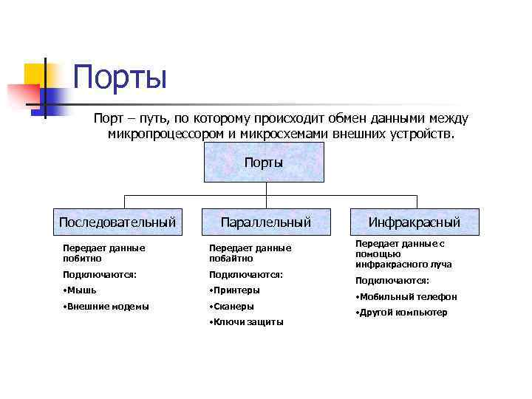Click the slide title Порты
coord(120,78)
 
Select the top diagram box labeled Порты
coord(264,163)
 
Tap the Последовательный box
coord(117,222)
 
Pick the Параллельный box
coord(266,222)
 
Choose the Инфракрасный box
coord(414,222)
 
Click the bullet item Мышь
coord(82,290)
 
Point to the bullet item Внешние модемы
coord(108,306)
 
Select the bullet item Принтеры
coord(235,290)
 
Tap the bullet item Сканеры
coord(233,306)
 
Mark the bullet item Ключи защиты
coord(248,322)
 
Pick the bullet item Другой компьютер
coord(403,313)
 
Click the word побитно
coord(82,259)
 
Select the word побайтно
coord(231,259)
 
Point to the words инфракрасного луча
coord(403,264)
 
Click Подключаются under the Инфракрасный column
coord(392,281)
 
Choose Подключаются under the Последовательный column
coord(100,274)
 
